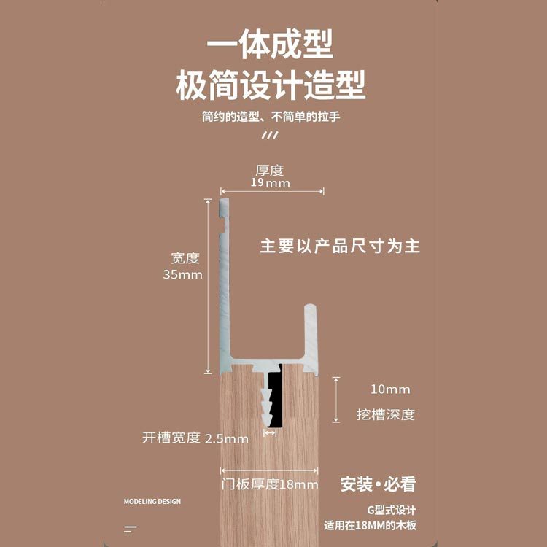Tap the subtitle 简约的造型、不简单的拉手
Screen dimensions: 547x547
(x=271, y=117)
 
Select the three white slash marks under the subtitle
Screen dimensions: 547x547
(x=269, y=135)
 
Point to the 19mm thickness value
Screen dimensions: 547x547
(x=270, y=183)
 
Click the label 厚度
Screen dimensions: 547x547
(x=269, y=171)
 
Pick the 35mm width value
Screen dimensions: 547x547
(x=182, y=275)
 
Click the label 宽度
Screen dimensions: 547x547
(x=185, y=258)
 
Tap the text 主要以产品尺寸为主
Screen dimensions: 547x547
(x=340, y=246)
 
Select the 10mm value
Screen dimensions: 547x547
(x=390, y=389)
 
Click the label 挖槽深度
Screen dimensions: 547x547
(x=386, y=414)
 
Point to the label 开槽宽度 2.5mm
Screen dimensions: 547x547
(x=195, y=438)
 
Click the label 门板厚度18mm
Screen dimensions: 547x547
(x=270, y=485)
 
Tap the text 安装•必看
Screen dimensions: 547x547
(x=378, y=484)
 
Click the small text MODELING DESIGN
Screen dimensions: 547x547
(x=152, y=502)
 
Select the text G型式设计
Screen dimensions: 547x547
(x=391, y=510)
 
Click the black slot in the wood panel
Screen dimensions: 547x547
(x=275, y=401)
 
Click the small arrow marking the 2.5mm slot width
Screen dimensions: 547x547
(x=270, y=432)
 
